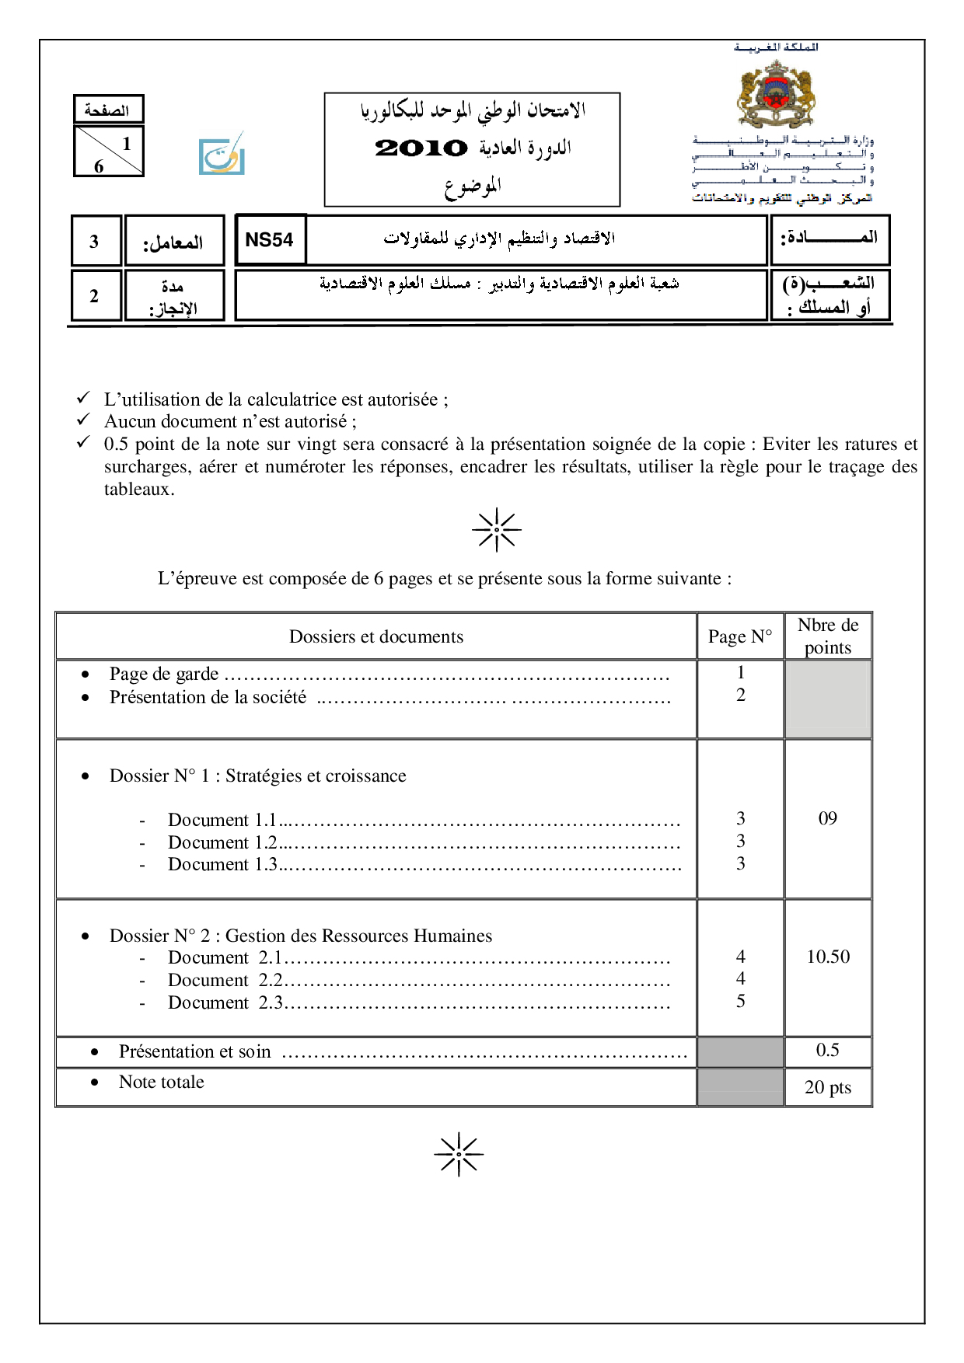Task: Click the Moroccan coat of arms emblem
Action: tap(775, 94)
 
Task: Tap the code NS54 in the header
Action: tap(269, 240)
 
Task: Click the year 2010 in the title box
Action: tap(421, 148)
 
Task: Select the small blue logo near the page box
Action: tap(222, 155)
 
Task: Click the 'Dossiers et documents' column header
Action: tap(375, 637)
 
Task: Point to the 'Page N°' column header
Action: tap(739, 637)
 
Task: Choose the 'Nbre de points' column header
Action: tap(827, 636)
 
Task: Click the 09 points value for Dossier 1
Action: tap(827, 818)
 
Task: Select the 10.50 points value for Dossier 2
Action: tap(827, 957)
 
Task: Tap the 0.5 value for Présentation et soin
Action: tap(827, 1051)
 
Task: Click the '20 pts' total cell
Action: tap(827, 1088)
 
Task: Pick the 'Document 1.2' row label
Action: tap(222, 843)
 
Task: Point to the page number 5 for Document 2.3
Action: tap(740, 1002)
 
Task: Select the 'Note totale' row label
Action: tap(161, 1082)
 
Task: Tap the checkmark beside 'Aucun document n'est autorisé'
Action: tap(83, 420)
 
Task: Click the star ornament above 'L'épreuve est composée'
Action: tap(496, 531)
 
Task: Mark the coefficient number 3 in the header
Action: tap(94, 242)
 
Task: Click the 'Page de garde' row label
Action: tap(163, 675)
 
